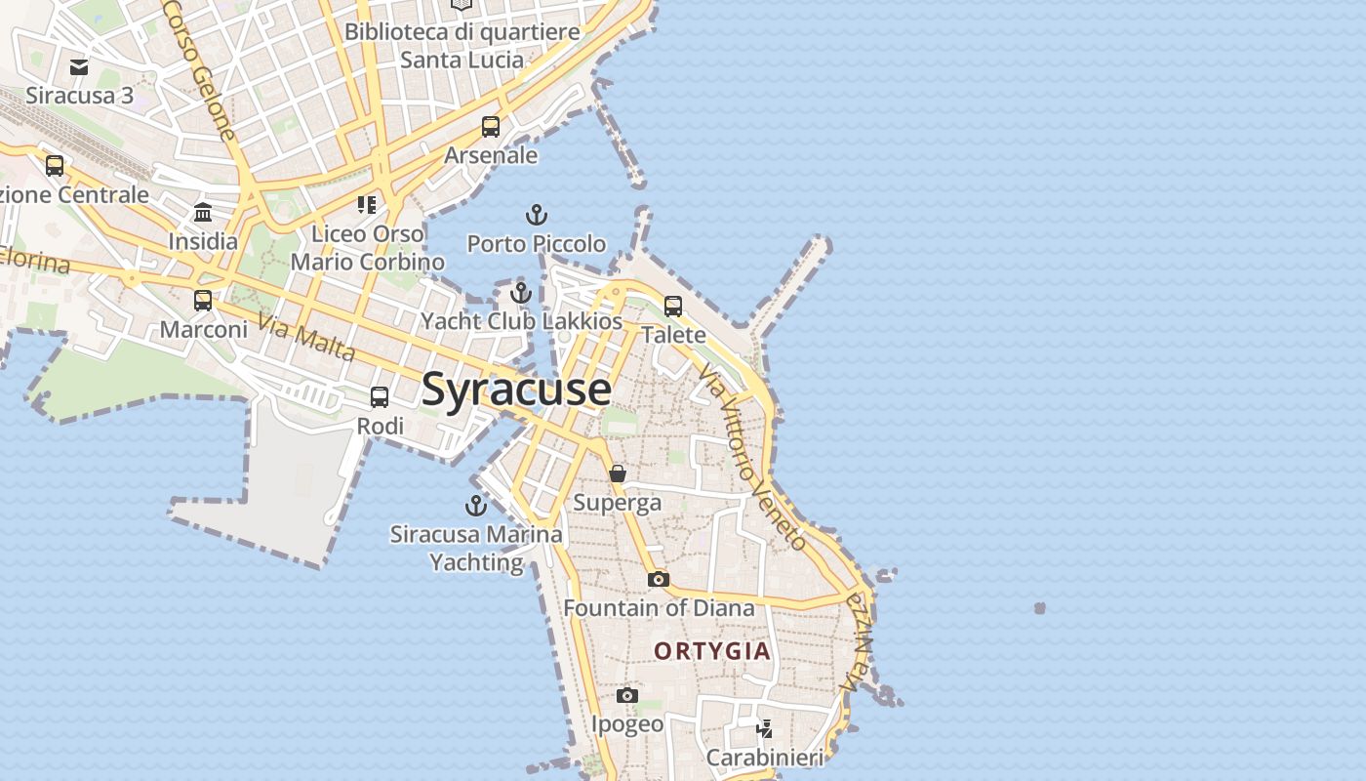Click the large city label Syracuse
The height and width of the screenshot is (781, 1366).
pos(516,390)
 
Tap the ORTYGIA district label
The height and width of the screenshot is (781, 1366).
pos(712,651)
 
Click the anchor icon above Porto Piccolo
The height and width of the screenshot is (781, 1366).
pos(536,215)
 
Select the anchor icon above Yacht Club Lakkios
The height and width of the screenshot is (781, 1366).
pos(521,293)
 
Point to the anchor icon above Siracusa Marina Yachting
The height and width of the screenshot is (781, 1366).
pos(476,506)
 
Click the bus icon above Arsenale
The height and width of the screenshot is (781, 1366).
pos(491,127)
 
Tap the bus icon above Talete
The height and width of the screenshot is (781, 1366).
pos(673,307)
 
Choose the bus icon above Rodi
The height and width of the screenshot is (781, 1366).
pos(380,397)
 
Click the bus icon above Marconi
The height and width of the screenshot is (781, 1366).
pos(203,301)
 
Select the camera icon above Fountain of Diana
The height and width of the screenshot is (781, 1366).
pos(659,580)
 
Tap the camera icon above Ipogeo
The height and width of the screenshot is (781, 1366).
pos(627,696)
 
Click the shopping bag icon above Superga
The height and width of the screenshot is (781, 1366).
pos(618,474)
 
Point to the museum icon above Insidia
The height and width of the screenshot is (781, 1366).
pos(203,213)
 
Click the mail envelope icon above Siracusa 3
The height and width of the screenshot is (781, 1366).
pos(79,67)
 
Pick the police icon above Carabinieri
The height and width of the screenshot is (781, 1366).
pos(765,728)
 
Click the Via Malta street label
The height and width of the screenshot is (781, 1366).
pos(306,337)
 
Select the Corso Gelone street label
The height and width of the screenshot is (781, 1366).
pos(200,68)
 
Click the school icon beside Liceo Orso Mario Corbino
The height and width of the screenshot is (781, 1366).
pos(367,205)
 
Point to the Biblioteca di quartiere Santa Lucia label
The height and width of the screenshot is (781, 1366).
pos(462,45)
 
